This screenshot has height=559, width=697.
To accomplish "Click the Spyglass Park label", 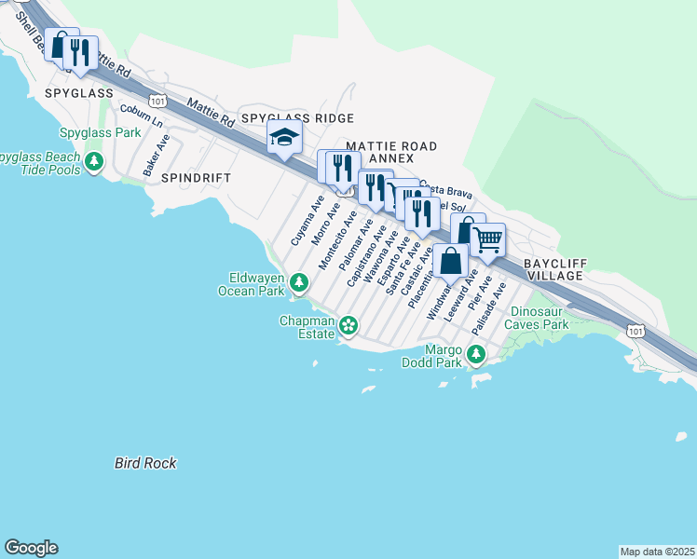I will tap(100, 133).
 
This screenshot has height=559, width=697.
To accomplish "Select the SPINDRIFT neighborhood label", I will tap(195, 176).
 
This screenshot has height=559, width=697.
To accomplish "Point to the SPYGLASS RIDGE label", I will tap(297, 118).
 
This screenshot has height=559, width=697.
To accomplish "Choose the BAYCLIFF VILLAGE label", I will tap(554, 270).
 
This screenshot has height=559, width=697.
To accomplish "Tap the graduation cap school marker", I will tap(283, 139).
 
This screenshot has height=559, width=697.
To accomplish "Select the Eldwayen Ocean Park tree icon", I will tap(299, 281).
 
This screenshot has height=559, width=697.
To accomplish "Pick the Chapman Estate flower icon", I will tap(348, 325).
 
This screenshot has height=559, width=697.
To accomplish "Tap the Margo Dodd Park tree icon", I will tap(476, 354).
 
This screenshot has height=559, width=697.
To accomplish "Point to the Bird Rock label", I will tap(145, 463).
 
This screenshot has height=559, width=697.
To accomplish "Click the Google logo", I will tap(31, 548).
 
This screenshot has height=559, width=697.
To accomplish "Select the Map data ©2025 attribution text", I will tap(657, 552).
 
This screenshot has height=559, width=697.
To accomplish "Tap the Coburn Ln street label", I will tap(141, 117).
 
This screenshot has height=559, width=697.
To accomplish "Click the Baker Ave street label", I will tap(157, 156).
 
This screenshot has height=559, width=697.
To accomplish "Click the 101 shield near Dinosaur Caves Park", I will tap(635, 331).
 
